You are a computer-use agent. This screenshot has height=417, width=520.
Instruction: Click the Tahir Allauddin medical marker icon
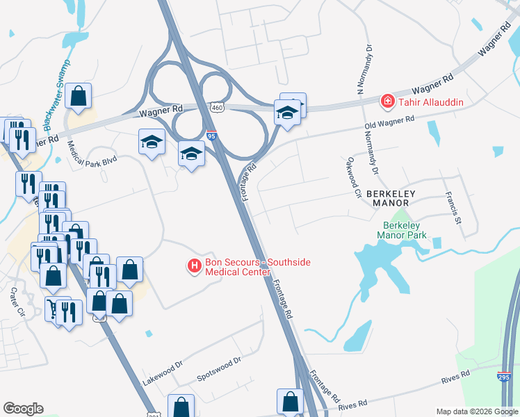click(x=386, y=102)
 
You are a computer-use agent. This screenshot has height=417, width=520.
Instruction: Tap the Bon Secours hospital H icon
click(x=195, y=265)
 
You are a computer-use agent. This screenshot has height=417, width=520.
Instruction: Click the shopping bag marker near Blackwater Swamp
click(x=79, y=97)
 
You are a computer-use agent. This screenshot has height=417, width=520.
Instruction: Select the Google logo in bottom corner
click(x=23, y=409)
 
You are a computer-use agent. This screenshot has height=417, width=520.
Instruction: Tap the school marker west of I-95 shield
click(x=191, y=152)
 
